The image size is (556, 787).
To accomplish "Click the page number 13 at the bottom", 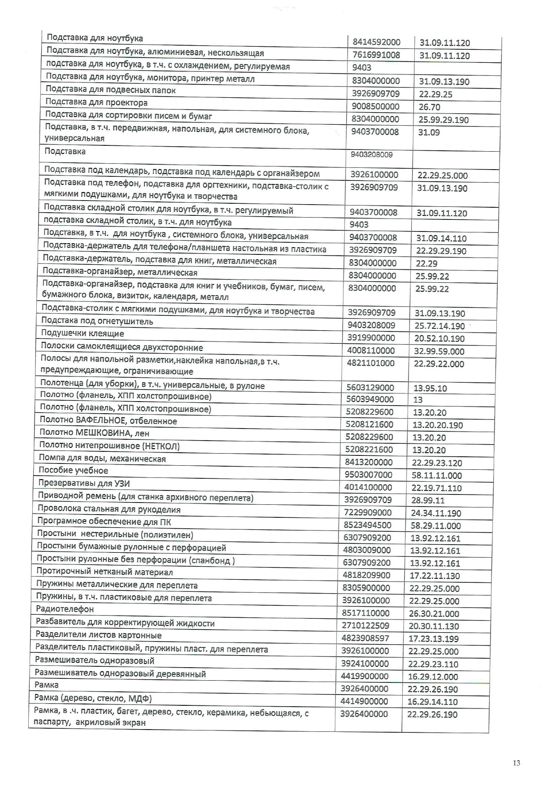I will [516, 763].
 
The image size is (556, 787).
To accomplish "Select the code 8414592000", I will [376, 42].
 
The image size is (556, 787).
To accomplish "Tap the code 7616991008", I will [376, 55].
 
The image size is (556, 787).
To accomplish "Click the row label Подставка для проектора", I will [96, 103].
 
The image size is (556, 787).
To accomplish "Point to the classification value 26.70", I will [429, 107].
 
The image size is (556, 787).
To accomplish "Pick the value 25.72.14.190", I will [439, 326].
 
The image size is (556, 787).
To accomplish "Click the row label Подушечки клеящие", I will [83, 333].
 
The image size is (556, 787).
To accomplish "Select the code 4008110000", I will [370, 350].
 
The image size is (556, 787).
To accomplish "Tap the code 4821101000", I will [370, 363].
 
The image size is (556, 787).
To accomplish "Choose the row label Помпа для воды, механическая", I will [102, 459].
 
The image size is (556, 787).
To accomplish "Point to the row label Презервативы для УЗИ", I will [84, 483].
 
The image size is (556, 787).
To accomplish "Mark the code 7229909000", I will [368, 512].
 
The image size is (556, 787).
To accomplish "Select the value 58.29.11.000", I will [435, 526].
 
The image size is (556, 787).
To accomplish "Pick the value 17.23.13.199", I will [434, 638].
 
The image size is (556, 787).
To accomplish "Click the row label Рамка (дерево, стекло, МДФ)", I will [93, 698].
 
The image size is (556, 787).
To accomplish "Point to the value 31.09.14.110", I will [441, 238].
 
